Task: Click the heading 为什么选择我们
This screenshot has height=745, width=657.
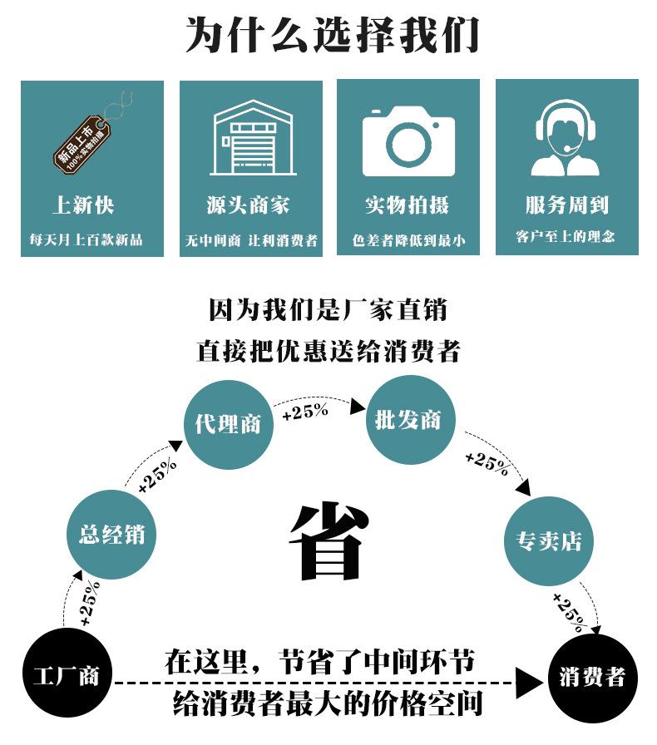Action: pos(331,35)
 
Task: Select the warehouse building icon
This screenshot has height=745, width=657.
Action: pos(253,138)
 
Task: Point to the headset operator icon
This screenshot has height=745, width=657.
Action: pos(566,138)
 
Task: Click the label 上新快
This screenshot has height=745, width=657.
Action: pos(84,205)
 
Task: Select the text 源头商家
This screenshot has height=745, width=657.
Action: pos(248,205)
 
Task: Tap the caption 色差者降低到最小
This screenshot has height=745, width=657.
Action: pos(408,240)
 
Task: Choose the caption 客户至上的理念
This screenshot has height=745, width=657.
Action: pos(566,236)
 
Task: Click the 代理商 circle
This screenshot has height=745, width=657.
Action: pos(229,425)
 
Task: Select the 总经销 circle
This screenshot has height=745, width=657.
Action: pos(111,535)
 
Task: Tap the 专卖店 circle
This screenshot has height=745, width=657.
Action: pos(549,541)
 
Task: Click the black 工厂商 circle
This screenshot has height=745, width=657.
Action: pos(67,673)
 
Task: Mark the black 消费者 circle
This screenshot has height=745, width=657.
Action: pos(592,678)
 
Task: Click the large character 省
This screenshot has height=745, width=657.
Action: pos(330,541)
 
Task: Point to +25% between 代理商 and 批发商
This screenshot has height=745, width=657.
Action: pos(305,412)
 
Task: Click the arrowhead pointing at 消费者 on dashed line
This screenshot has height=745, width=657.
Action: pos(529,683)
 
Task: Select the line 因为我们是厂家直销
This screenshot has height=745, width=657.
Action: pos(328,310)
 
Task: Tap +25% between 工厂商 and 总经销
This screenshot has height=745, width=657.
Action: pos(91,604)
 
